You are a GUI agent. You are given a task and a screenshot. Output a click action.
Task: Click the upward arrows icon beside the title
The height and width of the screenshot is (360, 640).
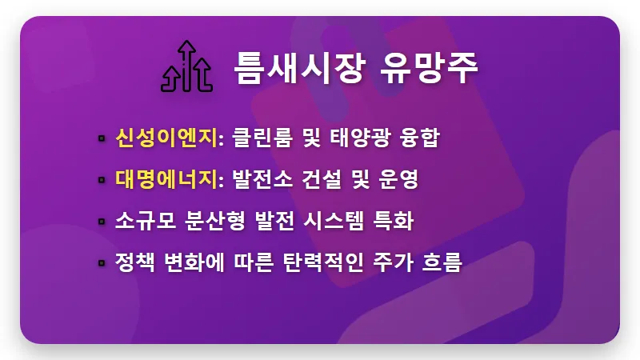pos(186,66)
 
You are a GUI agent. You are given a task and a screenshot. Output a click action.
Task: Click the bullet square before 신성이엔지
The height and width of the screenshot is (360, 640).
pos(102,138)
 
